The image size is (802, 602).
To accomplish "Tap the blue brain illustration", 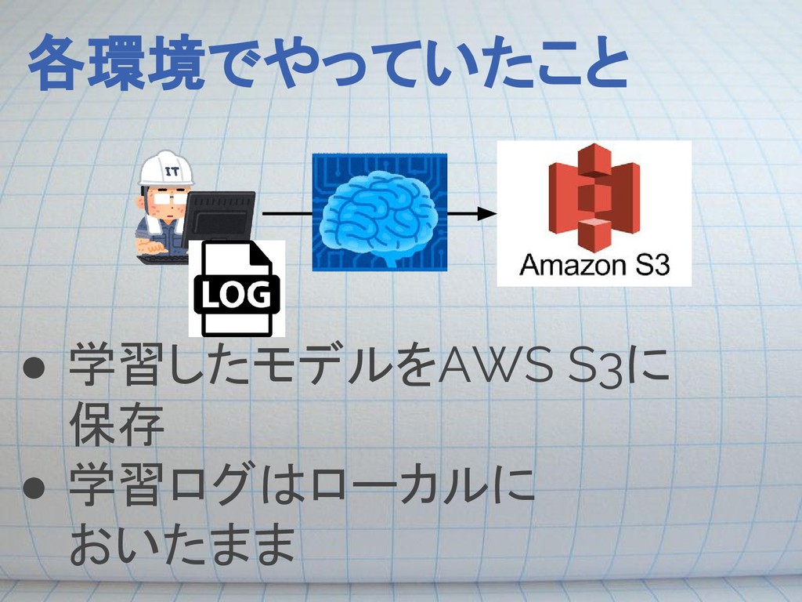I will pos(380,213).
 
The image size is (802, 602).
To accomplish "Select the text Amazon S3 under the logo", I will pos(594,267).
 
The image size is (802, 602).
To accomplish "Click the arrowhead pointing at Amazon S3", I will pos(486,212).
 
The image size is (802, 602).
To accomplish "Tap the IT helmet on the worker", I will pos(166,167).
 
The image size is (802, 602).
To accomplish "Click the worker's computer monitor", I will pos(219,216).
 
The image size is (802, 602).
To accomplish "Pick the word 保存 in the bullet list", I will pos(117,426).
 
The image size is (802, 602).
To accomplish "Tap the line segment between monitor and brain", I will pos(287,212).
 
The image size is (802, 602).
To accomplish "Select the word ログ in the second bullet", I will pos(208,486).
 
